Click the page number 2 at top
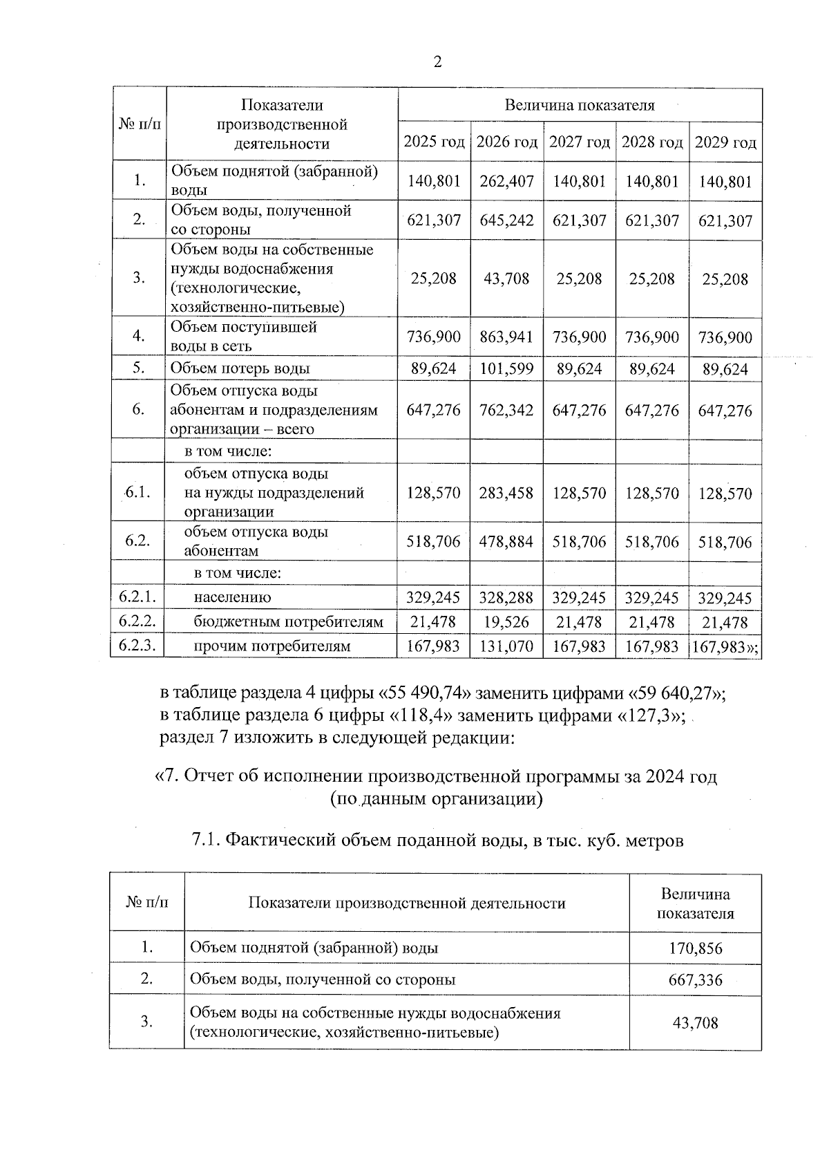[437, 62]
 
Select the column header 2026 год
[507, 142]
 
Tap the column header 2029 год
[725, 143]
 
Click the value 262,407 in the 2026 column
[507, 181]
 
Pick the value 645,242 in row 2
[507, 220]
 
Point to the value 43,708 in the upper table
[507, 279]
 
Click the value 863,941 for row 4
[507, 337]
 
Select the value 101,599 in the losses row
[507, 368]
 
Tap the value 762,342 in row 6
[507, 410]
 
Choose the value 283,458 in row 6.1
[507, 494]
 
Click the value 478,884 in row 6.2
[507, 542]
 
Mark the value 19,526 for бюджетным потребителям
[507, 622]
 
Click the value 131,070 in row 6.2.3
[507, 647]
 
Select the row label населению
[233, 597]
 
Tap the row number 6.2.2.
[137, 621]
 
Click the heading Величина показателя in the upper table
[580, 106]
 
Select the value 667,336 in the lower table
[695, 980]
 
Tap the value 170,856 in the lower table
[695, 948]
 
